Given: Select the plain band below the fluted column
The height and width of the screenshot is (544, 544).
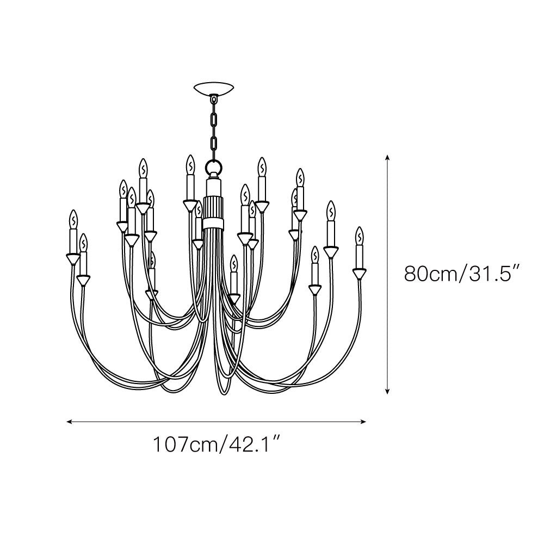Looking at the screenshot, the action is pyautogui.click(x=213, y=224).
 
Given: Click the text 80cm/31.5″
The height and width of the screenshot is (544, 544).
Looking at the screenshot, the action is pyautogui.click(x=463, y=274).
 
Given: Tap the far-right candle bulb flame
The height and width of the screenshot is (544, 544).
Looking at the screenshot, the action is pyautogui.click(x=360, y=236).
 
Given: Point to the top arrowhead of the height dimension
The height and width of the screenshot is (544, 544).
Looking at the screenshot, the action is pyautogui.click(x=387, y=157).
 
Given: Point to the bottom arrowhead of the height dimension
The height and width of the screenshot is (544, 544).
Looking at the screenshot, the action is pyautogui.click(x=387, y=391).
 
